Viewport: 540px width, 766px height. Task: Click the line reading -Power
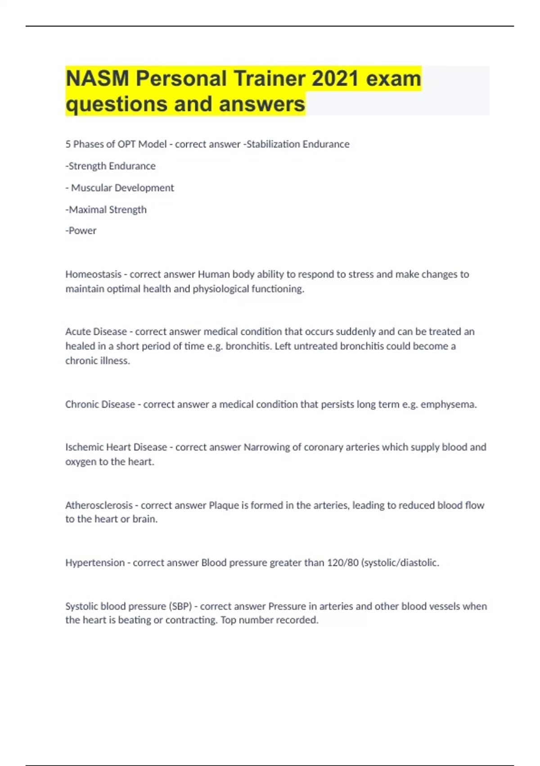pos(81,231)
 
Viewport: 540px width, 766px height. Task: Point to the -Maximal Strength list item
pos(106,210)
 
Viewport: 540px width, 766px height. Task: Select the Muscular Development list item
pos(122,188)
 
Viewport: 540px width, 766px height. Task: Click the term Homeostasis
pos(93,274)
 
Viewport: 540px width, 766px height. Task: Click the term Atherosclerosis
pos(99,505)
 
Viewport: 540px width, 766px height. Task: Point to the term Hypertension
pos(95,562)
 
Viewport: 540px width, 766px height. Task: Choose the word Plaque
pos(224,505)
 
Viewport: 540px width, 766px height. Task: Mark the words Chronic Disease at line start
pos(100,404)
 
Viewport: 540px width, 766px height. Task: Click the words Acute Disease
pos(96,332)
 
